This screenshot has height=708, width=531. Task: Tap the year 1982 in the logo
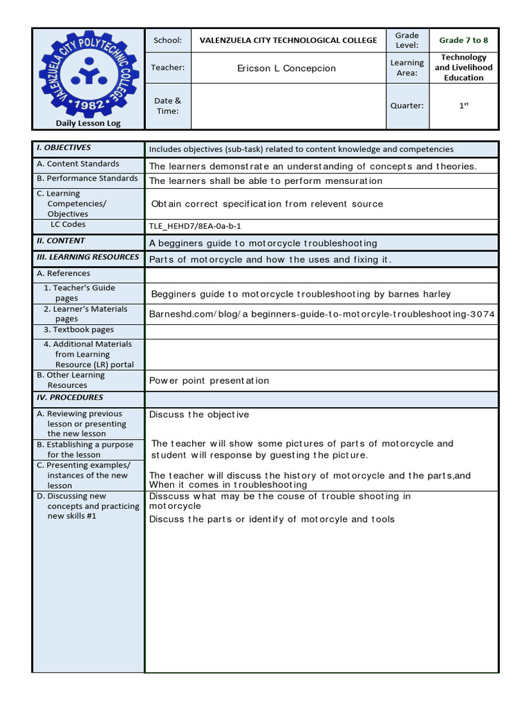88,105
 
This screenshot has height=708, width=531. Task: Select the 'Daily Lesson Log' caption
88,123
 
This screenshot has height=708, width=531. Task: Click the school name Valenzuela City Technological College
288,40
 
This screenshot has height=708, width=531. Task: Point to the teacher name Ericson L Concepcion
286,68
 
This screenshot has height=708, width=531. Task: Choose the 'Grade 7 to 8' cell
463,40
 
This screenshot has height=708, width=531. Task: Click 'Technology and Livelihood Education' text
463,68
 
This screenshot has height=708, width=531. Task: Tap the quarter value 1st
463,106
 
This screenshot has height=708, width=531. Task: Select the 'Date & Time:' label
167,106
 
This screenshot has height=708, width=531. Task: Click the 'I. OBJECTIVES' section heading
64,148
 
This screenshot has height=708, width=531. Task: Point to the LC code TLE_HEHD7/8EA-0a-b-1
195,226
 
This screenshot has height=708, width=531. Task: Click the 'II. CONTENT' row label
61,241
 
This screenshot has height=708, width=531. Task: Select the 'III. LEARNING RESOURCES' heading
88,257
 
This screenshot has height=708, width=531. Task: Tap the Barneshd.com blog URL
322,314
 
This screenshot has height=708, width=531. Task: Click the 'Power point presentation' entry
209,380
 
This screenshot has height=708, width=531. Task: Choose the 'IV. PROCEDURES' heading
70,398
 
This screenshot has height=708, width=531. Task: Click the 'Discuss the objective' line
199,414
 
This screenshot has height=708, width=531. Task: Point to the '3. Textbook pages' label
79,330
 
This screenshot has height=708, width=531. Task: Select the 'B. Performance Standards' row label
87,178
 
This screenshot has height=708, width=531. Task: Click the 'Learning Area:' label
407,68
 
